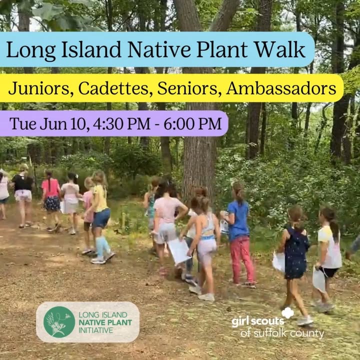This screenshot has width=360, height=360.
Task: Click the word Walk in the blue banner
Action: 280,49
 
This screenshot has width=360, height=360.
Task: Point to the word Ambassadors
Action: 281,88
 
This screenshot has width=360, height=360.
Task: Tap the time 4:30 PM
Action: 121,124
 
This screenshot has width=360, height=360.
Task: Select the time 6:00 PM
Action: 192,124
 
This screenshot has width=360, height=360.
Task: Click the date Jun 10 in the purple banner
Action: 64,124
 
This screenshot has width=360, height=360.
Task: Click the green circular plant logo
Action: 59,322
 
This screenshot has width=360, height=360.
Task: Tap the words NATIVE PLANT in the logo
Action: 105,322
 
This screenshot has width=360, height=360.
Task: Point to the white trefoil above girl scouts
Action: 287,312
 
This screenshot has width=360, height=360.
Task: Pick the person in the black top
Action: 23,195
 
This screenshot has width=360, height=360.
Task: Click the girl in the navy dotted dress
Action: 295,255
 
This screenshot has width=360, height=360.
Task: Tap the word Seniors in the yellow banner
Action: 187,88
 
